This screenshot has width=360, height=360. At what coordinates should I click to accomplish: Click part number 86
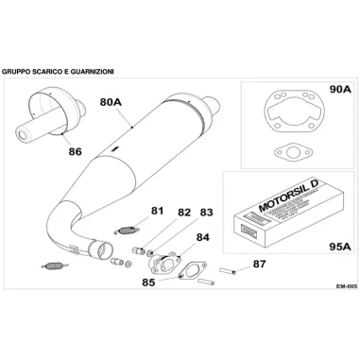(75, 148)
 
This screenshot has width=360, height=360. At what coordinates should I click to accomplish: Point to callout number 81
(157, 211)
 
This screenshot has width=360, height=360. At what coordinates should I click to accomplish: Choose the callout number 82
(183, 214)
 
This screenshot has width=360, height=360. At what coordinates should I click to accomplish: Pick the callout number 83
(206, 214)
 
